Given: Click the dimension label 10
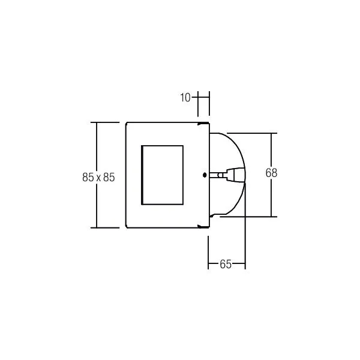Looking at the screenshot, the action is coord(185,98).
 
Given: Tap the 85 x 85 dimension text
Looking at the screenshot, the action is coord(98,177).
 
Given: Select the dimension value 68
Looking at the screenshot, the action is coord(271,173).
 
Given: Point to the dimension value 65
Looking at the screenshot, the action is coord(226,264).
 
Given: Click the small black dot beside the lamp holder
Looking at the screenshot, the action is coord(205,175).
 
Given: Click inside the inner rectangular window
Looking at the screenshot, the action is coord(163,175).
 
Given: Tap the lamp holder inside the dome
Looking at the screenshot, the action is coord(227,175).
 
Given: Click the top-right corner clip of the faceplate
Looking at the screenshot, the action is coord(203,124).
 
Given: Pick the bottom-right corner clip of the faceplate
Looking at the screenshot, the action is coord(203,226).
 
